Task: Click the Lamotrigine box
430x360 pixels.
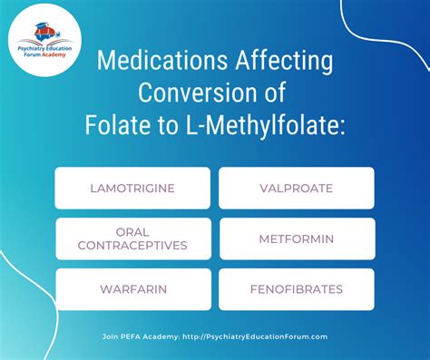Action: coord(132,189)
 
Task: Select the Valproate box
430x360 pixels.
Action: coord(297,189)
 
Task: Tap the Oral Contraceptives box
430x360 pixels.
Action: coord(132,238)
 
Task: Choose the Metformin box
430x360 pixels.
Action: coord(297,238)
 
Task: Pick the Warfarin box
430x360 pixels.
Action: coord(132,289)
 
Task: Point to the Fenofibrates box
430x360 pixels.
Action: coord(297,289)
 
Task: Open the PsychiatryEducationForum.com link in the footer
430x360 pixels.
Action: coord(254,336)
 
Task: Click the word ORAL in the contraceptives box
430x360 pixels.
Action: coord(132,231)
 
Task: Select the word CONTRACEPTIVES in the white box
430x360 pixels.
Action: coord(132,245)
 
